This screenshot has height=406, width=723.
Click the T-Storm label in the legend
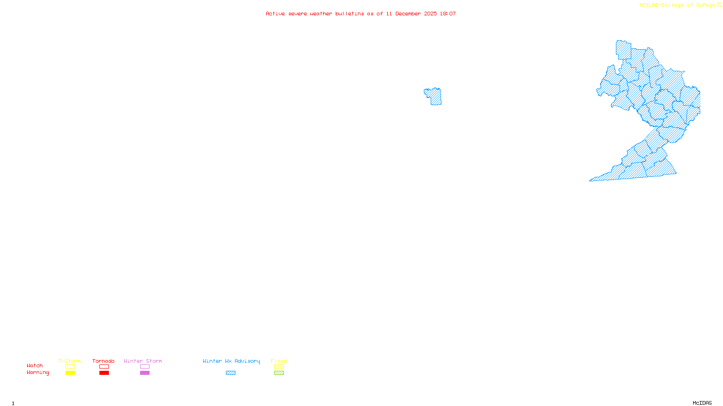(70, 361)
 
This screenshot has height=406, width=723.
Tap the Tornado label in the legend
(103, 361)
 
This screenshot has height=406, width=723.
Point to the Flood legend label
(279, 361)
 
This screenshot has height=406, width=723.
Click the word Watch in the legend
(35, 366)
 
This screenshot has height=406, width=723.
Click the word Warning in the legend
(38, 373)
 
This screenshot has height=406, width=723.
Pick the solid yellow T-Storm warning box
(70, 373)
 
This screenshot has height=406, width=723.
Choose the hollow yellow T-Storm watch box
(70, 367)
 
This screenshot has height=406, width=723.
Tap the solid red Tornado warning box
(104, 373)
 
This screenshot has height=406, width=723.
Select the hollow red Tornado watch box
(104, 367)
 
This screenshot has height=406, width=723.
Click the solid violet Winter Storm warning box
(145, 373)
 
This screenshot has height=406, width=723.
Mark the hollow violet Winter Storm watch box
(145, 367)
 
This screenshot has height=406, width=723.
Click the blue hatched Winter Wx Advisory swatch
(230, 373)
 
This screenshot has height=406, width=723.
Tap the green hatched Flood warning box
(279, 373)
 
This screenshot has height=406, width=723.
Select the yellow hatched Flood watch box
(279, 367)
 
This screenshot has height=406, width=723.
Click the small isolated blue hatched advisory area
(435, 97)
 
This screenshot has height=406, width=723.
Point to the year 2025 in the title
(430, 14)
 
